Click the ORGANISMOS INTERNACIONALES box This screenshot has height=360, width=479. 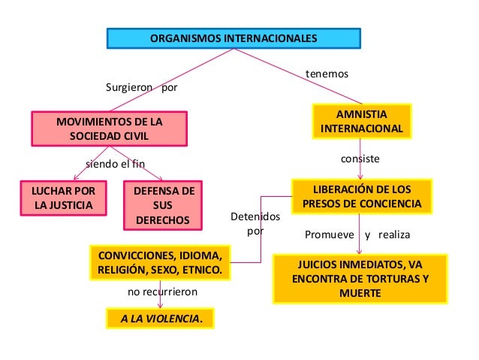point(233,38)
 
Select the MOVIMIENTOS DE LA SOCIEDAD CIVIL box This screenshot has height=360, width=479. point(109,129)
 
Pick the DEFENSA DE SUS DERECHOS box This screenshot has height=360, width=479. point(162,205)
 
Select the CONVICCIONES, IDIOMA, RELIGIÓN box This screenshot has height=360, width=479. point(159,261)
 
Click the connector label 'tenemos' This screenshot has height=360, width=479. point(328,74)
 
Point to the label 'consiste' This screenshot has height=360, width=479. point(360,159)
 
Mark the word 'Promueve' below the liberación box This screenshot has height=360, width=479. point(329,235)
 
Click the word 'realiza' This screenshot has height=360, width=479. point(395,235)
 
